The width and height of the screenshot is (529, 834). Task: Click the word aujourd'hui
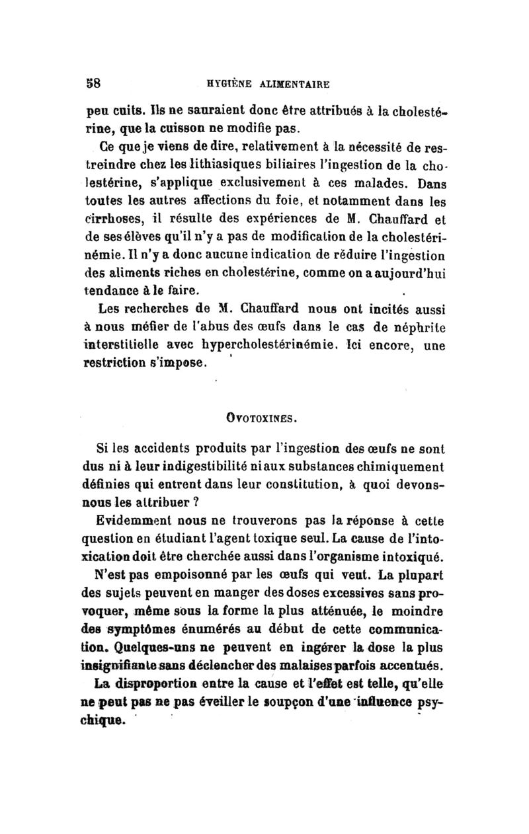click(407, 253)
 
